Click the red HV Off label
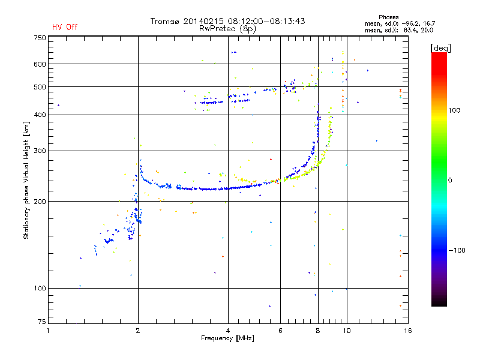(x=64, y=27)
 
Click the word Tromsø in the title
(x=164, y=21)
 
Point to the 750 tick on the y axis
(x=39, y=38)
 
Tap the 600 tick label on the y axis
(x=39, y=64)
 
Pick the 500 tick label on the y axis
(x=39, y=87)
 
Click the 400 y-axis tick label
(x=39, y=115)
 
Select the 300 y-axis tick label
(x=39, y=151)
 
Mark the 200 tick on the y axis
(x=39, y=202)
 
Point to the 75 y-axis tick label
(x=41, y=323)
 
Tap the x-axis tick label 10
(x=346, y=331)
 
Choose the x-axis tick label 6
(x=280, y=331)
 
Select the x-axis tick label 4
(x=228, y=331)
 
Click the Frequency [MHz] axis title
(x=227, y=338)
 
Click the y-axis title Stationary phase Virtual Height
(x=26, y=180)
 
